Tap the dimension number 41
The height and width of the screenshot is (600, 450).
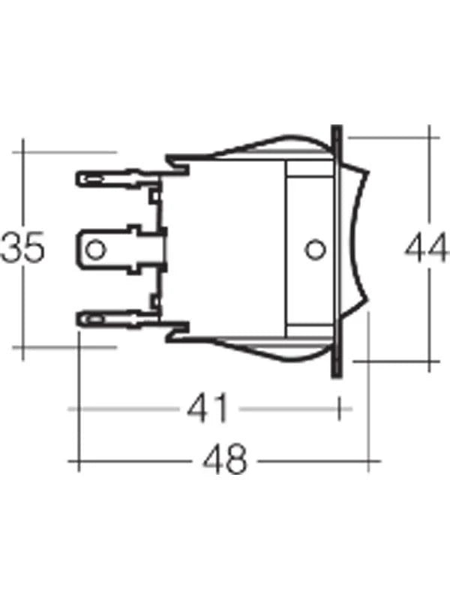coord(205,409)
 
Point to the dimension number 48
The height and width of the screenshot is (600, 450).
coord(225,460)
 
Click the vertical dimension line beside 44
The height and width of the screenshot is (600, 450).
coord(430,187)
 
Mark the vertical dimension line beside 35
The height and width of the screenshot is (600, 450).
coord(25,187)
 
